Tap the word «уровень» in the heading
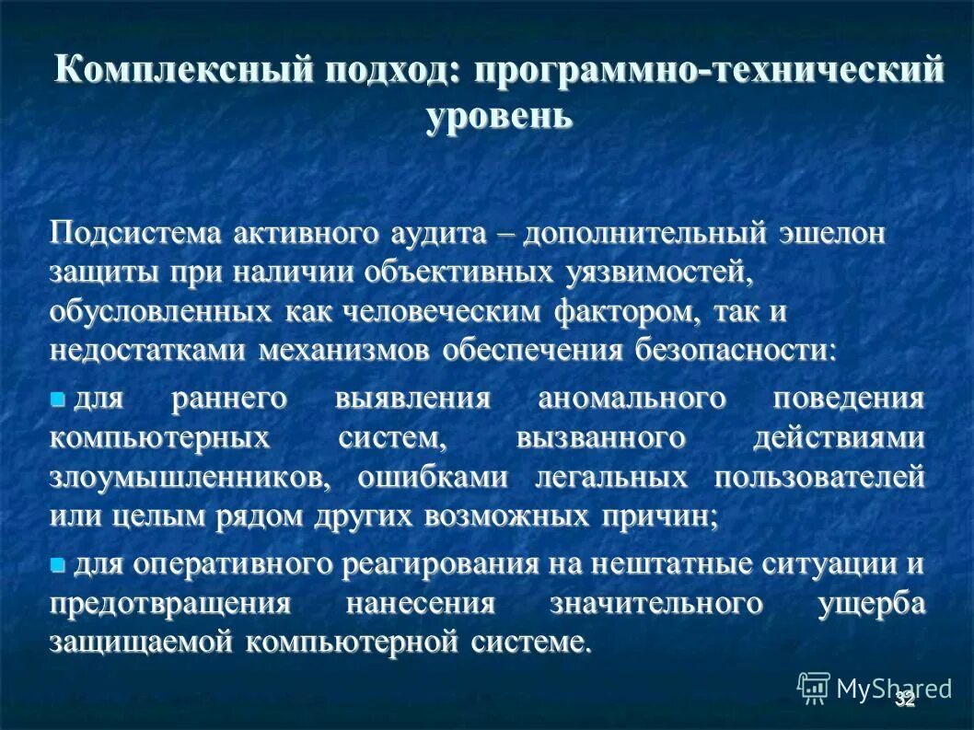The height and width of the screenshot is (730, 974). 499,117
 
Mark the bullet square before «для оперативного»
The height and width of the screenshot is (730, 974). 59,563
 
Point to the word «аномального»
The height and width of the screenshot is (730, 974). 632,400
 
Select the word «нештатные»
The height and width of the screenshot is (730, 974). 650,563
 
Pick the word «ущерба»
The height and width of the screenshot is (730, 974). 870,604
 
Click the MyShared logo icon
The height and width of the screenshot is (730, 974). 813,688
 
